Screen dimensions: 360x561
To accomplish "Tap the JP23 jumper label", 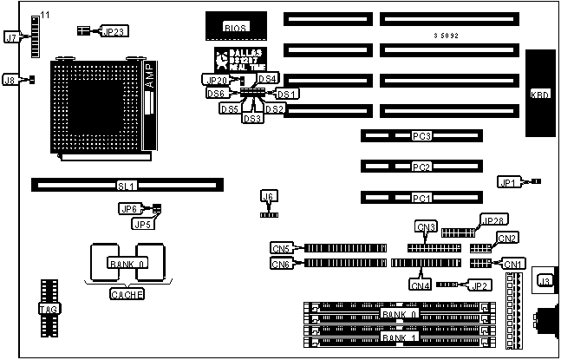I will click(114, 31).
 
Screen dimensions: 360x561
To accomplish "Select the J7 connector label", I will click(11, 37).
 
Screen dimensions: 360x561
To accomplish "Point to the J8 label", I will click(11, 80).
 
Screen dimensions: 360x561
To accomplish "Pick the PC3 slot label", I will click(421, 136).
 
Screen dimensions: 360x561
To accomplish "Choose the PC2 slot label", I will click(421, 167).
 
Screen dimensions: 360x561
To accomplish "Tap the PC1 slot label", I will click(421, 198).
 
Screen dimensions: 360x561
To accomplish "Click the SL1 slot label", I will click(127, 185).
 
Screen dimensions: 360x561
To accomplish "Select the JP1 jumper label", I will click(508, 182).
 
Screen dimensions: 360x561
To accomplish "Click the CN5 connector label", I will click(281, 248).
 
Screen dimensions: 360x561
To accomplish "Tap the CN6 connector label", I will click(281, 264).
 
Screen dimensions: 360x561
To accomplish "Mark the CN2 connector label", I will click(507, 238).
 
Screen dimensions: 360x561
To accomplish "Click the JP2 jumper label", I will click(479, 285).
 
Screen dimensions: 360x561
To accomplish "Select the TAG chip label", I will click(48, 309).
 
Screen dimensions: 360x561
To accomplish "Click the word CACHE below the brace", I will click(127, 294).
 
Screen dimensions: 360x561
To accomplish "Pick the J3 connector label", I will click(545, 279).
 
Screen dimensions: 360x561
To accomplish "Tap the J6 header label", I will click(269, 196).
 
